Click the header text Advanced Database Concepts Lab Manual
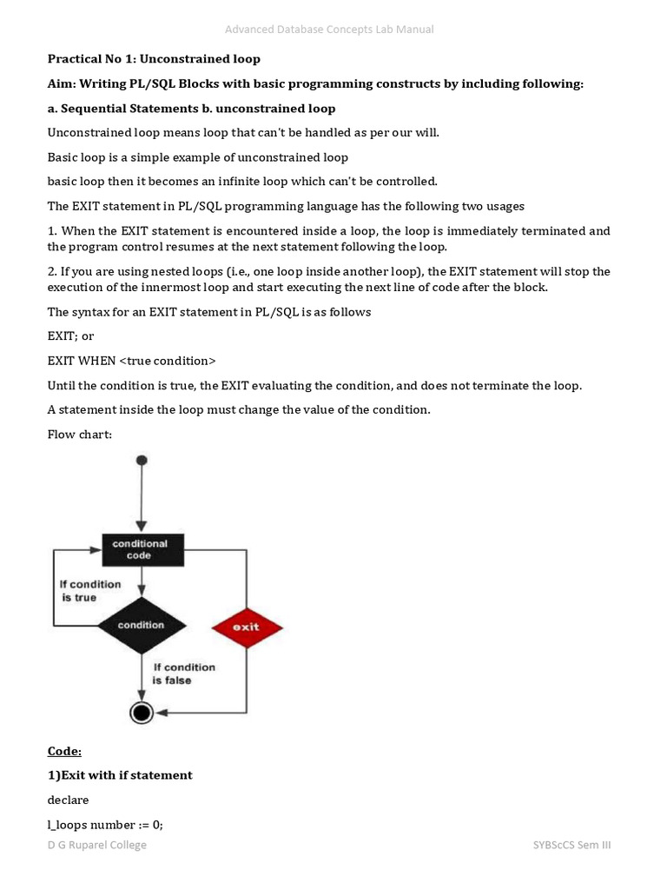329,30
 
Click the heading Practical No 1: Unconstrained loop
154,59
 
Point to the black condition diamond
141,625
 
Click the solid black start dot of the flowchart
142,460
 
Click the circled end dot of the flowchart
141,713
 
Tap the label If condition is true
90,591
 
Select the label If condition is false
184,674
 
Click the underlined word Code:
64,751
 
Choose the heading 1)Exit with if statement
120,774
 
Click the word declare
68,800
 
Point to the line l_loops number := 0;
105,824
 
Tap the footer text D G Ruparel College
97,845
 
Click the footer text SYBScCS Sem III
571,845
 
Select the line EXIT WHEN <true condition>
131,360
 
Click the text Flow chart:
80,434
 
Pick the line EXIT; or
70,335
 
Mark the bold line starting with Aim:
315,83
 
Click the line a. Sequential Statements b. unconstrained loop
191,109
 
